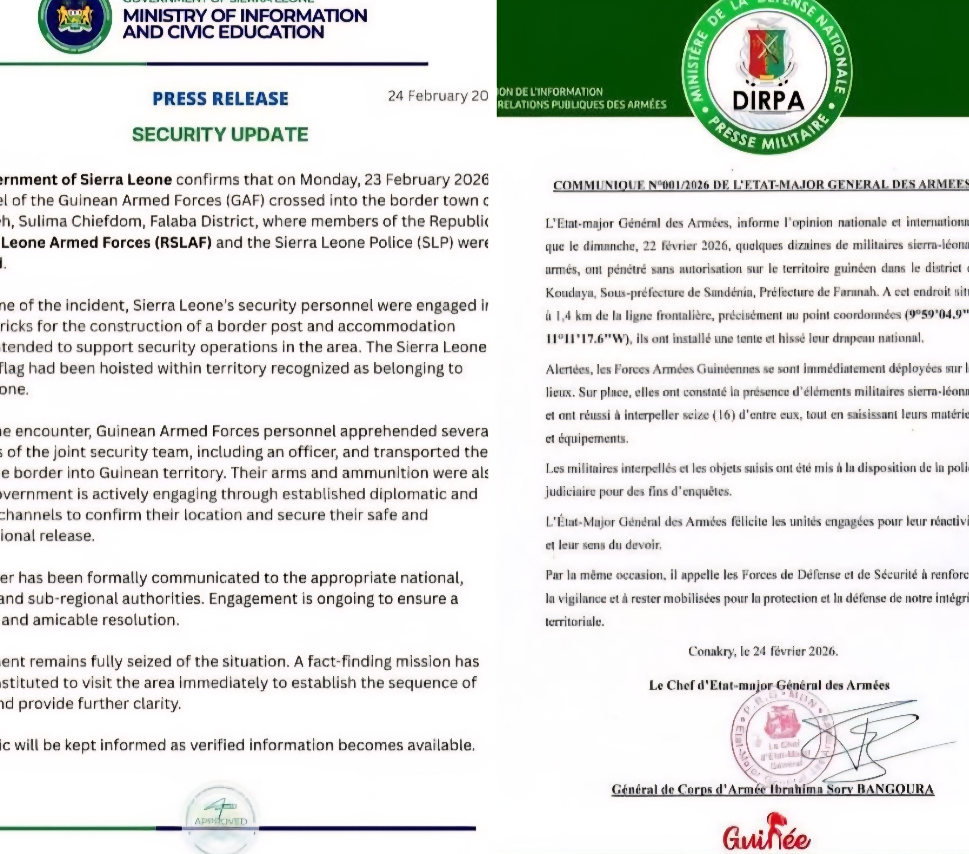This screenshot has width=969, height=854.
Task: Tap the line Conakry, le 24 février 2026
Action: tap(763, 651)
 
